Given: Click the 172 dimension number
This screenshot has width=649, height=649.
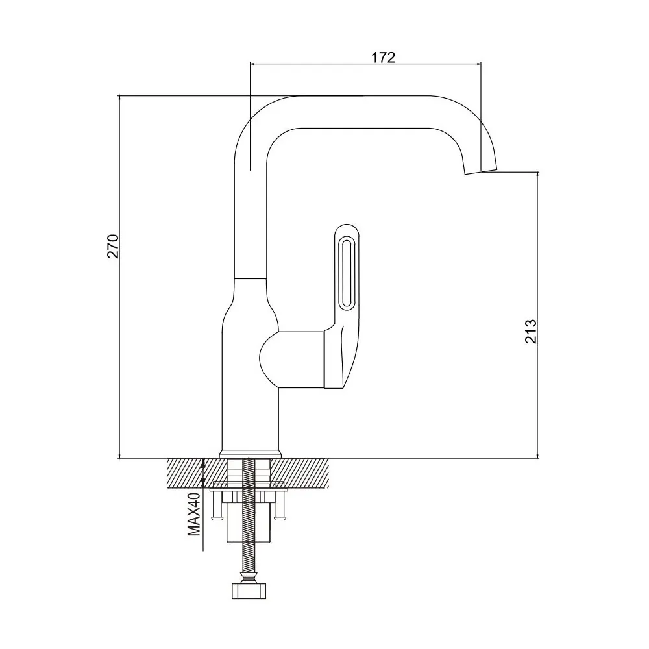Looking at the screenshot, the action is [x=383, y=58].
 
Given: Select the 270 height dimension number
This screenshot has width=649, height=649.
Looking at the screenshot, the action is [x=114, y=246].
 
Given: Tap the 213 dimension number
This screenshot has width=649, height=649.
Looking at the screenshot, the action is [x=531, y=331].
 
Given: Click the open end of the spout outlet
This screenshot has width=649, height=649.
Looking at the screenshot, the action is [x=480, y=171].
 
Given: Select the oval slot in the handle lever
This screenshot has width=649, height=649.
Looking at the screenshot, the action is [x=346, y=273].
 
